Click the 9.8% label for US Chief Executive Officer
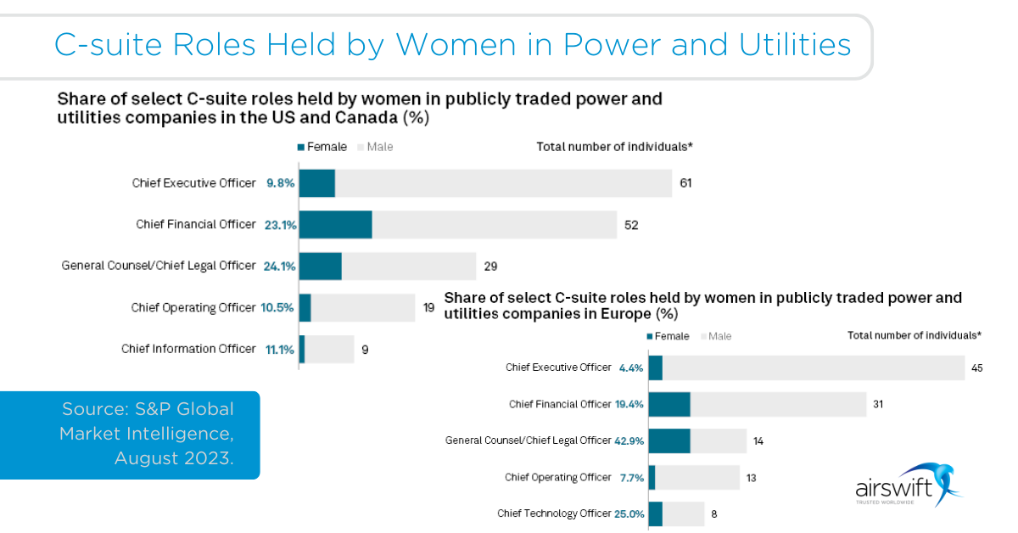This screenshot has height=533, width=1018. (280, 182)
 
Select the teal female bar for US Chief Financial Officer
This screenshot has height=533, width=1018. (335, 225)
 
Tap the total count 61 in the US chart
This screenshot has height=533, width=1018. (685, 182)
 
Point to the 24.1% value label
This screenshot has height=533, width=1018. (279, 266)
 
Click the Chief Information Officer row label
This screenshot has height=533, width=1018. (188, 349)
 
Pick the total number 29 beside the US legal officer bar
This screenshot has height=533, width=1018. (490, 266)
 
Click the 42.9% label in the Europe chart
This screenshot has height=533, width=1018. (629, 440)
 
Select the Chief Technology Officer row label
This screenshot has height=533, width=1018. (554, 513)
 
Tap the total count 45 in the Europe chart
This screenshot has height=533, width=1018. (976, 367)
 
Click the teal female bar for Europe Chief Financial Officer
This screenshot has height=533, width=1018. (668, 404)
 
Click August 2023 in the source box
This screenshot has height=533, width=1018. (173, 458)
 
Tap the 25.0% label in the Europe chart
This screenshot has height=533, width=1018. (629, 513)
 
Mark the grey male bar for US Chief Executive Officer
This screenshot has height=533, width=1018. (503, 182)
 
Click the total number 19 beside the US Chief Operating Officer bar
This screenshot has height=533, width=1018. (429, 307)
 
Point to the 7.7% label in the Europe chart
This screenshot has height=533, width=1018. (632, 478)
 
